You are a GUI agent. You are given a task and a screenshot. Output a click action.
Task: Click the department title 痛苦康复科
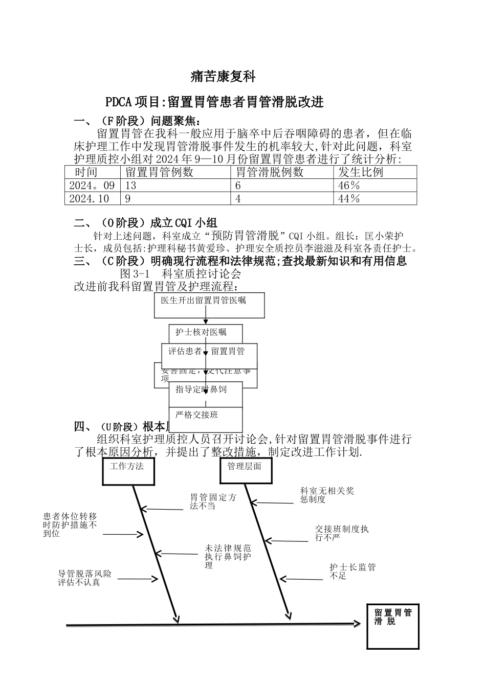[x=223, y=77]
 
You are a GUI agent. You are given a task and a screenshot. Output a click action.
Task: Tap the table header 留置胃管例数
[x=159, y=172]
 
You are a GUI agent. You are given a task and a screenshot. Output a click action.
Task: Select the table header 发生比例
[x=361, y=172]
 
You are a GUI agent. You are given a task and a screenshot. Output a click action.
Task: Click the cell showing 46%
[x=349, y=186]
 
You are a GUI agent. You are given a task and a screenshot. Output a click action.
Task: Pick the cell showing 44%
[x=349, y=198]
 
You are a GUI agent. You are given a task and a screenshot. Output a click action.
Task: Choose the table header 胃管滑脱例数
[x=269, y=172]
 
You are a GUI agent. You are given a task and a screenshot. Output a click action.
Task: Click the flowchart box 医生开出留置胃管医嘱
[x=209, y=305]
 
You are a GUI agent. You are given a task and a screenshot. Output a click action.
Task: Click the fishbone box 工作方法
[x=128, y=470]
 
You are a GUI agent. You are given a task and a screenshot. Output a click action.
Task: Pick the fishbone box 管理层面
[x=245, y=470]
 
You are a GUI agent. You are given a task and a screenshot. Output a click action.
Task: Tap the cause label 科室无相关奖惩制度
[x=327, y=495]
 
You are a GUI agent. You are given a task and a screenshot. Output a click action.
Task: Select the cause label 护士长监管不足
[x=352, y=571]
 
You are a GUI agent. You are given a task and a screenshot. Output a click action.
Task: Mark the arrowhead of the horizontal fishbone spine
[x=357, y=624]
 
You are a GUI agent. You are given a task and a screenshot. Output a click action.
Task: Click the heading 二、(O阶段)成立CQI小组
[x=146, y=223]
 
